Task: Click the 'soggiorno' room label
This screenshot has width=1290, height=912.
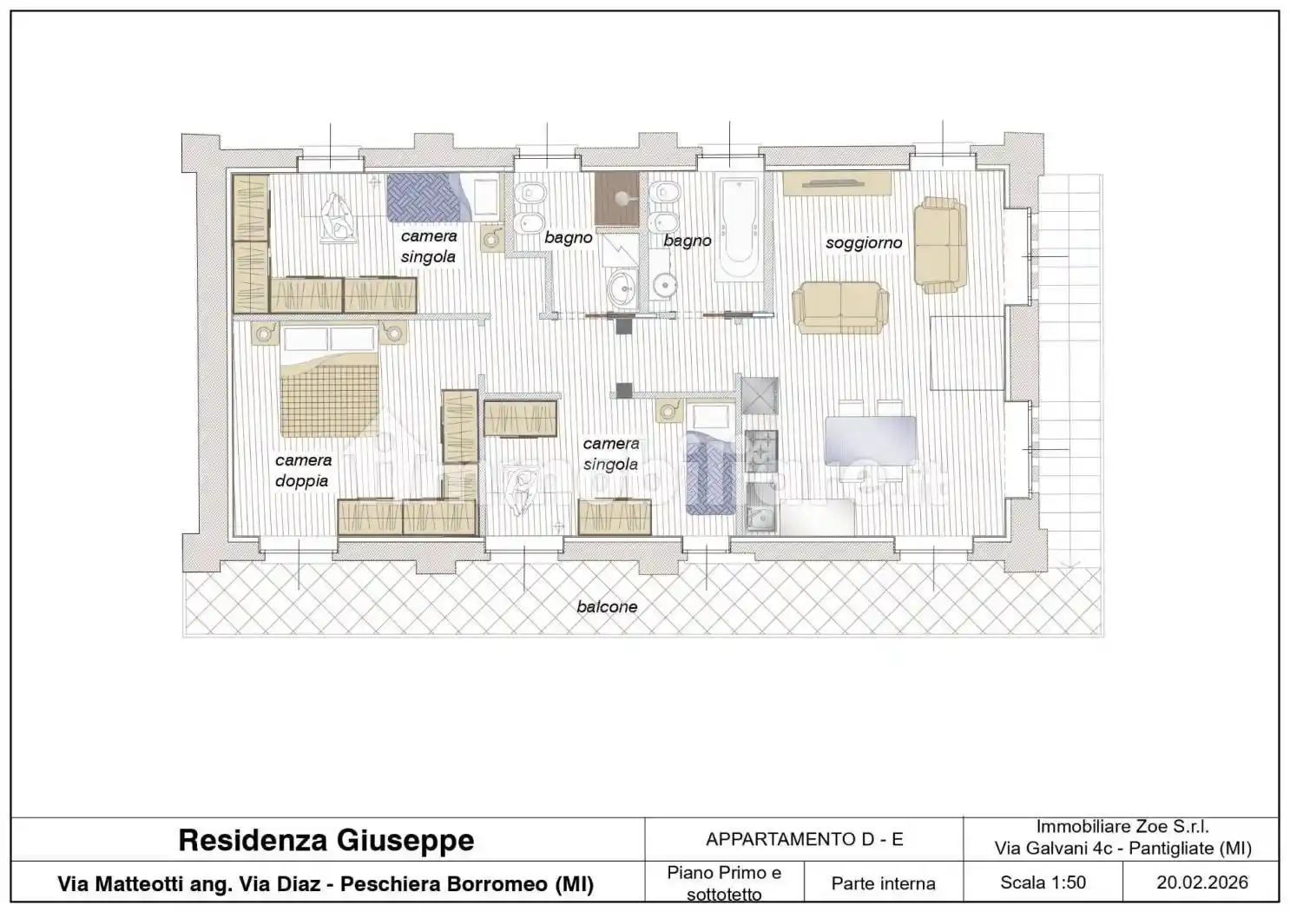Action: (863, 243)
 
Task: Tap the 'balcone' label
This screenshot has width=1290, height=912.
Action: (607, 606)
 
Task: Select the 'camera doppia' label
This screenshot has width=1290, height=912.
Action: (303, 470)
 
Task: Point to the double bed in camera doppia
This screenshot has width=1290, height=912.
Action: (330, 380)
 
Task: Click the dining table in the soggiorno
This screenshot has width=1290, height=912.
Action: (870, 440)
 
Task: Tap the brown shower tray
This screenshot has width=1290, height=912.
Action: (616, 198)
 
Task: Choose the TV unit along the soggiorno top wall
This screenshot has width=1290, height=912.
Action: (837, 183)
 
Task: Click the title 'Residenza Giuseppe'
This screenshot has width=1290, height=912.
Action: (326, 840)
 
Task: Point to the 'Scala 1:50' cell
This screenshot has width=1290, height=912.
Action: (1043, 882)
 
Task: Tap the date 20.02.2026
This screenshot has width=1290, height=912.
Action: (1202, 882)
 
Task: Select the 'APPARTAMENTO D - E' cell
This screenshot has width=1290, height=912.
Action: (805, 839)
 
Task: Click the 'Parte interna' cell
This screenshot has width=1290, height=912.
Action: (884, 883)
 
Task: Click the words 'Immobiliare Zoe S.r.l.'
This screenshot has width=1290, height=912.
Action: (1122, 827)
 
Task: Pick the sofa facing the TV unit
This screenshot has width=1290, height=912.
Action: (840, 307)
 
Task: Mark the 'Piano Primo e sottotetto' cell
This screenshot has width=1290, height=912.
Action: (724, 883)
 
